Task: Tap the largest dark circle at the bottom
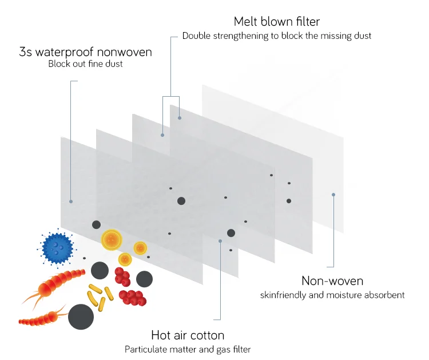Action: click(81, 317)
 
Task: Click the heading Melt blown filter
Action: click(277, 22)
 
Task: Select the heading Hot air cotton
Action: click(188, 335)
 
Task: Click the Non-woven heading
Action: click(332, 281)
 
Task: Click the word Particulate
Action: click(145, 349)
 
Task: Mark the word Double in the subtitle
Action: click(196, 35)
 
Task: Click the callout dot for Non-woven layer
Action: click(333, 195)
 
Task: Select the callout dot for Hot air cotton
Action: click(220, 241)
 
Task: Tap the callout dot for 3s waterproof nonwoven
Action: click(70, 201)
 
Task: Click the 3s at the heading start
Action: click(25, 52)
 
